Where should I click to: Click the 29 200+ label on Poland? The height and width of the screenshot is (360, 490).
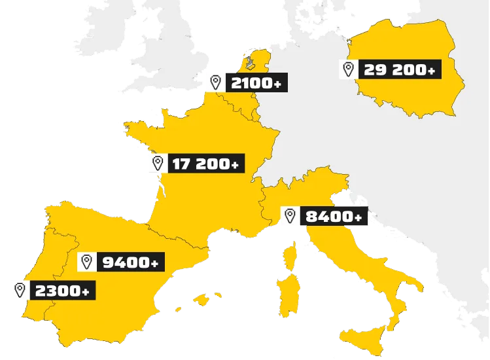(398, 69)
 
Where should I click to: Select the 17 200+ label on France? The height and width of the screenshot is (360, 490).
(206, 164)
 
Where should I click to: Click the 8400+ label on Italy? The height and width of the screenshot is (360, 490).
(333, 216)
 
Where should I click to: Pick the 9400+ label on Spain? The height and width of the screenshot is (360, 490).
(130, 262)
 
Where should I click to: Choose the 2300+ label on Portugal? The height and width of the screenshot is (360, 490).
(62, 290)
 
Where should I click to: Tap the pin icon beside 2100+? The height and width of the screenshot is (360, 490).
(216, 82)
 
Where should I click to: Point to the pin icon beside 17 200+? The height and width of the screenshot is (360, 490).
(158, 164)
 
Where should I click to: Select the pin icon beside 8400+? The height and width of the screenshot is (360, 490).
(289, 216)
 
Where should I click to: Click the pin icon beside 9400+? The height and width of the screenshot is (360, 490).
(86, 262)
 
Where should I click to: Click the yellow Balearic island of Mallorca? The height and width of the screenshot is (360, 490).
(200, 299)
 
